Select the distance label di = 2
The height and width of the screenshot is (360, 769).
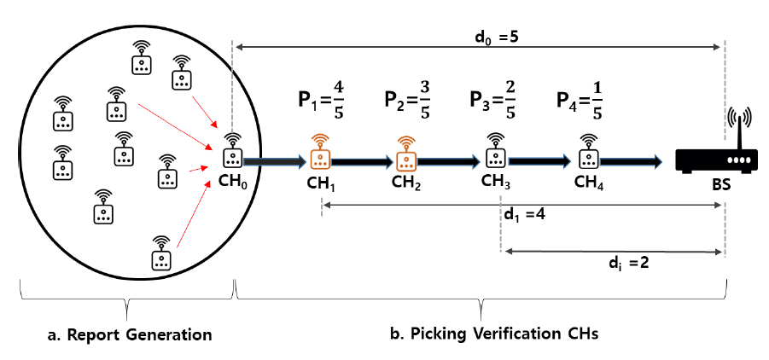626,264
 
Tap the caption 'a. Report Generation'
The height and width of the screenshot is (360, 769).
127,334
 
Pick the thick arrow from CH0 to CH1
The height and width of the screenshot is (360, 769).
274,160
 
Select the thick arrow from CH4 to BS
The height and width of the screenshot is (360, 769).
632,160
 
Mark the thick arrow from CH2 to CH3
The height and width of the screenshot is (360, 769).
449,160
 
